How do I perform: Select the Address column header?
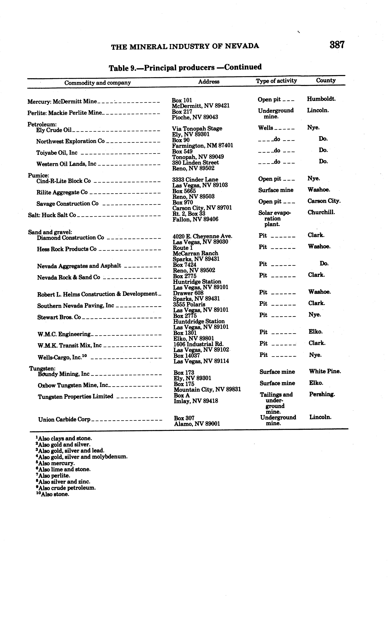point(209,82)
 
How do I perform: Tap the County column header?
point(326,80)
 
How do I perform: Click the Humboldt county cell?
point(321,99)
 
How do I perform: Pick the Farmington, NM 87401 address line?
point(203,145)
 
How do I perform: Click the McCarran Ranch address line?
point(195,253)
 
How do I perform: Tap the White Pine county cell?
point(325,371)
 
